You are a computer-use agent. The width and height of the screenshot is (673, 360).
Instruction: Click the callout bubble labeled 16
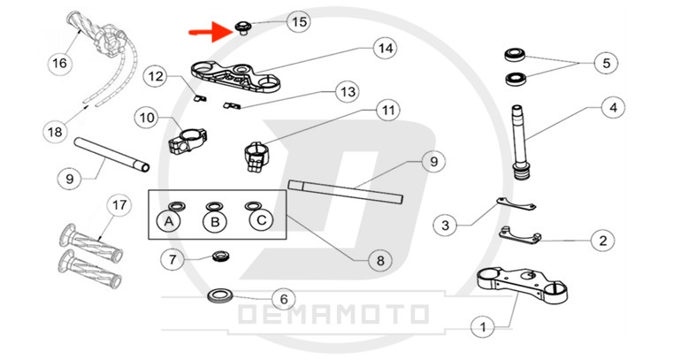tap(59, 63)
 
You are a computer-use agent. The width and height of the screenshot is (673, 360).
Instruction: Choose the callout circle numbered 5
tap(605, 64)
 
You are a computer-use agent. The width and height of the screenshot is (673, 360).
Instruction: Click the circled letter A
tap(167, 221)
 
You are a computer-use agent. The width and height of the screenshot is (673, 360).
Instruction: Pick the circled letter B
tap(213, 221)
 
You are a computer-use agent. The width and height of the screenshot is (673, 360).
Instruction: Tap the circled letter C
tap(258, 220)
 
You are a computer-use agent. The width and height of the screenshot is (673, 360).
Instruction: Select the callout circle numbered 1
tap(483, 327)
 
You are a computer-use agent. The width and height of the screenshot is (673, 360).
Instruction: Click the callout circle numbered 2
tap(601, 239)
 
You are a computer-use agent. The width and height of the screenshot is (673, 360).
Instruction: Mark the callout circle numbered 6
tap(282, 299)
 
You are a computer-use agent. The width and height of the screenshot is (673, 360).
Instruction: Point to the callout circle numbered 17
tap(119, 205)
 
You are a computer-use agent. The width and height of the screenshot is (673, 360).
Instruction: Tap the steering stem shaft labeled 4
tap(520, 142)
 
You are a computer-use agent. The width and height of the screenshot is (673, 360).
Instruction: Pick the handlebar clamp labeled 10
tap(187, 139)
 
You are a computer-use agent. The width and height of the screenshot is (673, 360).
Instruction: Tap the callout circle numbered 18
tap(55, 132)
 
